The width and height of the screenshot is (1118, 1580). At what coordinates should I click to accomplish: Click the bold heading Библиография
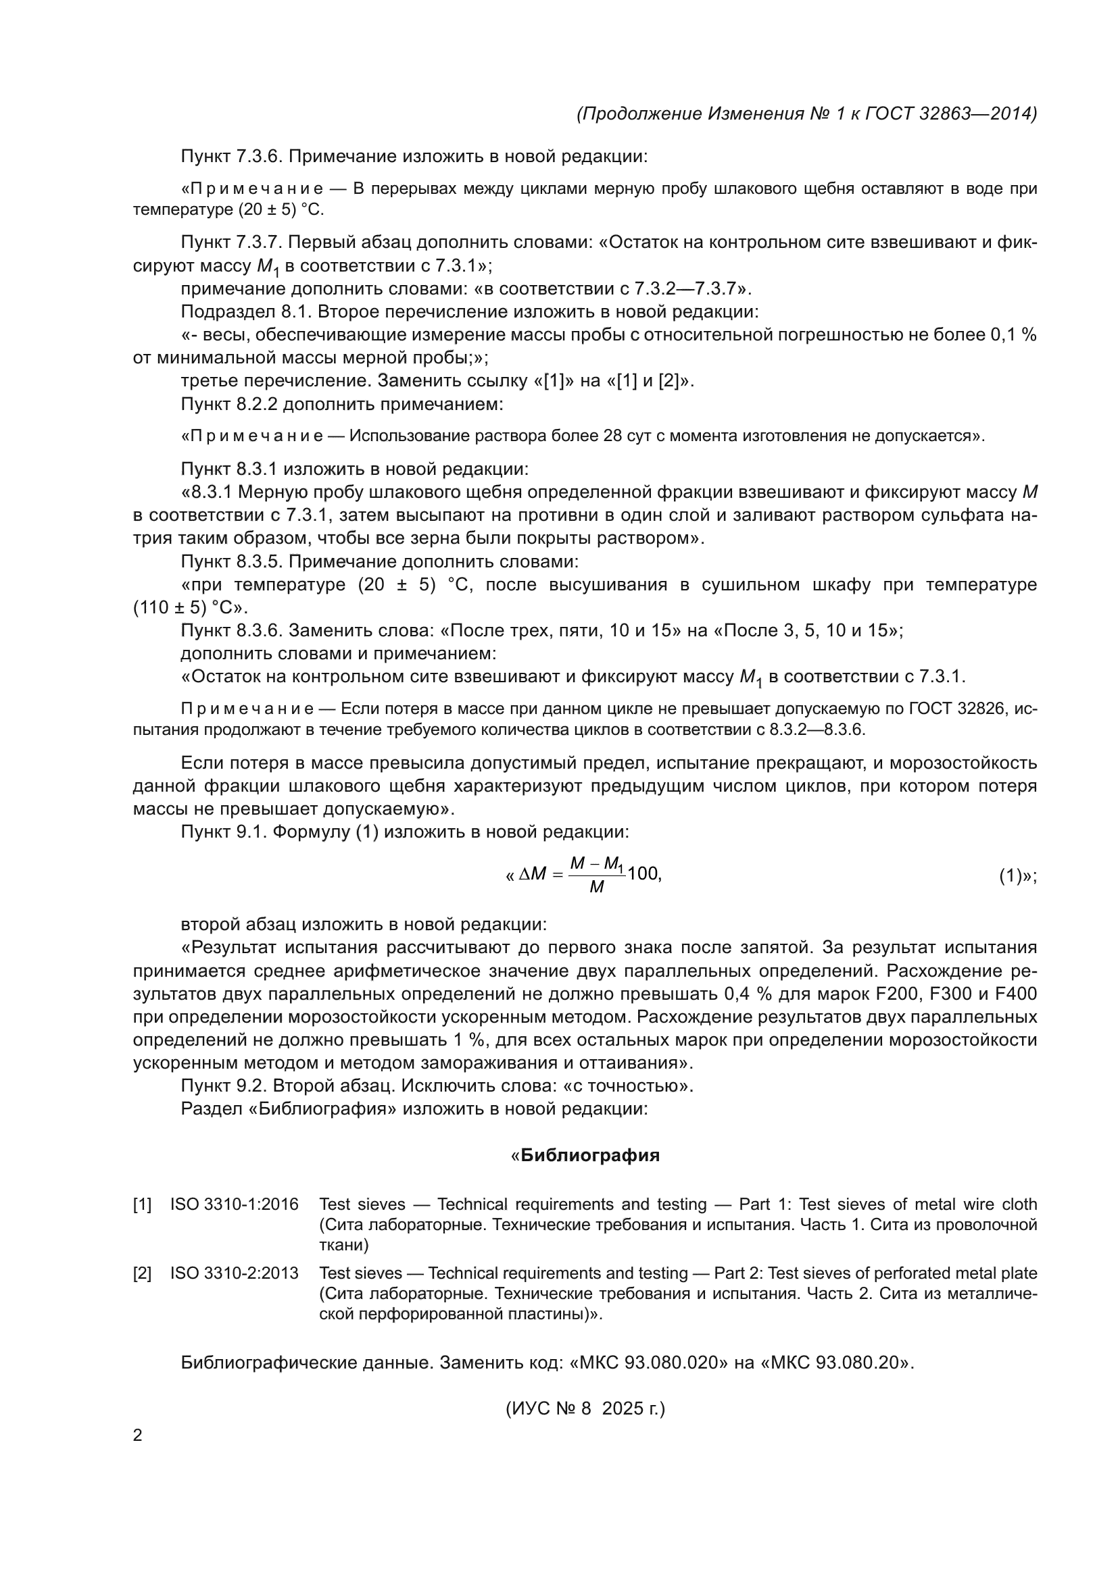point(590,1155)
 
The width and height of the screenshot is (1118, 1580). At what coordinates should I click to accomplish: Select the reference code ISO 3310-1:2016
point(234,1204)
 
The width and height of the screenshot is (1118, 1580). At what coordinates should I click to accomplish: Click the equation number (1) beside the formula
point(1010,876)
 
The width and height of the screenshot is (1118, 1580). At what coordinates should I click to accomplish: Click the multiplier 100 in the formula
point(643,874)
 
